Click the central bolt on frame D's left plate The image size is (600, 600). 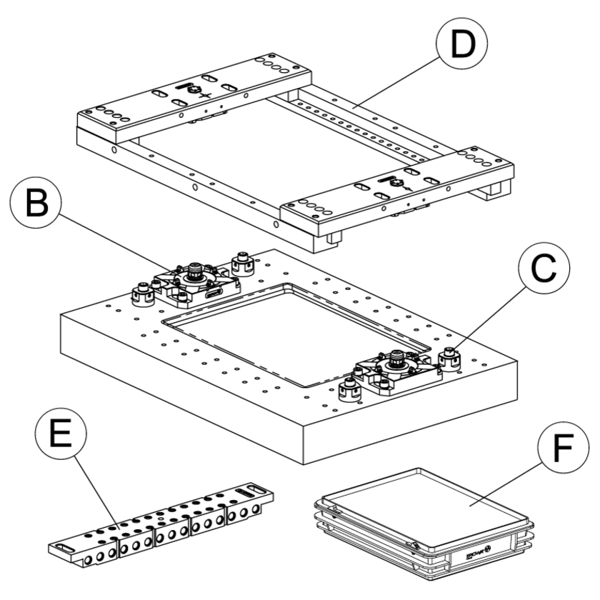(191, 91)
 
